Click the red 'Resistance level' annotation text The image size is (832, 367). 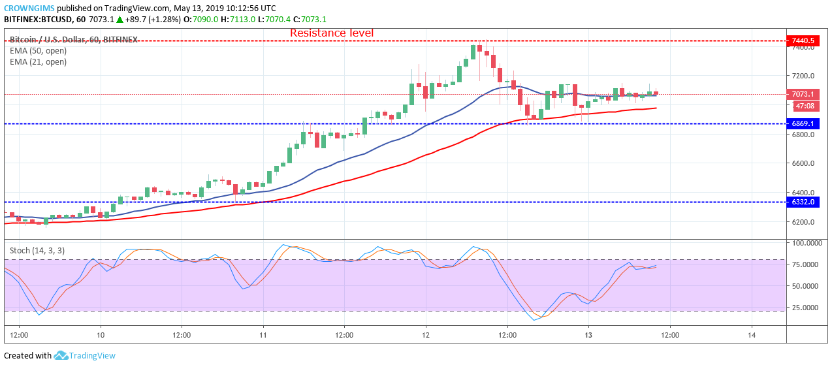coord(332,33)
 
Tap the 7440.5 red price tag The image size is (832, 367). coord(803,40)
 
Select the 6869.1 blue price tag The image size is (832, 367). coord(803,123)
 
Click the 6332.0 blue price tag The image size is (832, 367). coord(803,202)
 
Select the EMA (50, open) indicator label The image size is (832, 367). coord(38,51)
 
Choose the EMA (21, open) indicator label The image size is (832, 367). coord(38,62)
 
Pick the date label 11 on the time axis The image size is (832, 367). coord(263,335)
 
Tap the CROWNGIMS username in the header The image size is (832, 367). coord(29,8)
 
